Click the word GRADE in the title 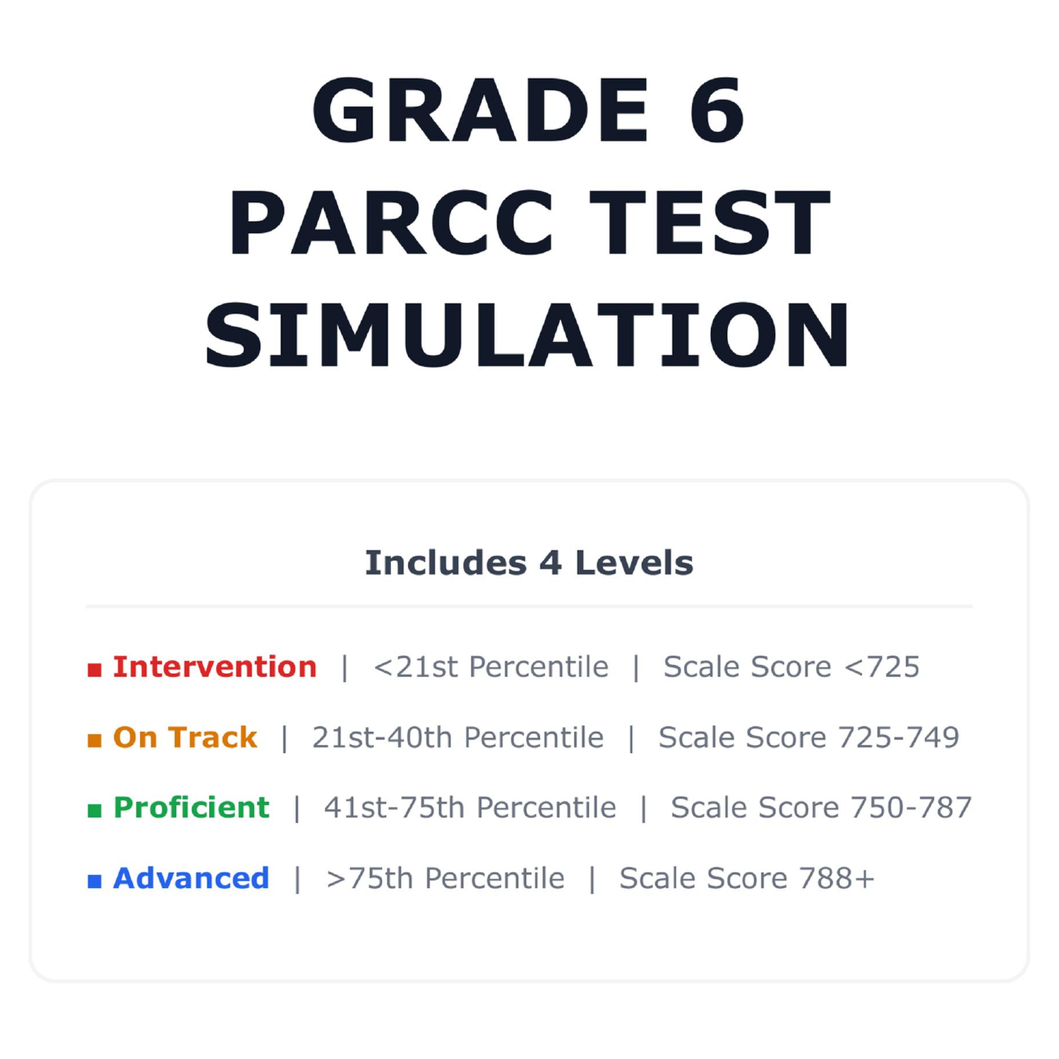[480, 110]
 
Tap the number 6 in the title [717, 110]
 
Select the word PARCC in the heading [391, 223]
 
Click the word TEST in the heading [710, 223]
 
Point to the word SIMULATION [528, 335]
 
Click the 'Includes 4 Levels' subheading [529, 563]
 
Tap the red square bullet [95, 669]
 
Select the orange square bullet [95, 740]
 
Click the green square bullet [95, 810]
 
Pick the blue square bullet [95, 881]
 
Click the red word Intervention [215, 666]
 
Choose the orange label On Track [185, 737]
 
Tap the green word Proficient [191, 808]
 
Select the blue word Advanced [191, 878]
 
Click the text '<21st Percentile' [491, 666]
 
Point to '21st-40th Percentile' [458, 737]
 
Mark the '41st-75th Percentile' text [470, 808]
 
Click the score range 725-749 [899, 737]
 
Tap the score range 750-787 [911, 808]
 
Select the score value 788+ [837, 878]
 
